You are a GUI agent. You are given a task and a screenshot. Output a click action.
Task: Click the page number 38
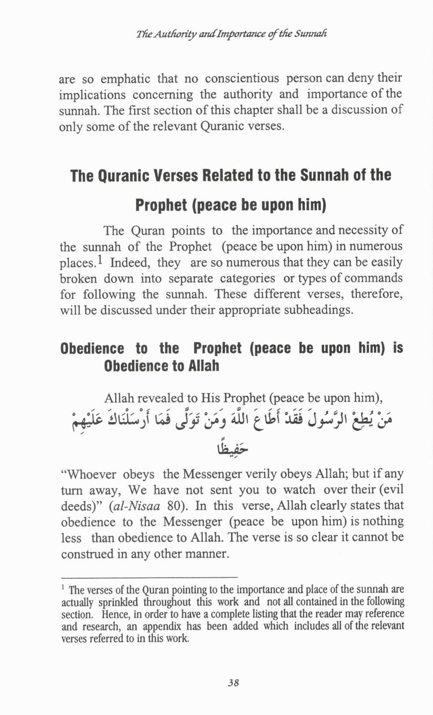coord(233,682)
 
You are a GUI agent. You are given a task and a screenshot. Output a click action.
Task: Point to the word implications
coord(92,95)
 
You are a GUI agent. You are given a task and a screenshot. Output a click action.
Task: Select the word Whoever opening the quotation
coord(92,474)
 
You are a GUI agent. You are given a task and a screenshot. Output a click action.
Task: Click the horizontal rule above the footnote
coord(149,576)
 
